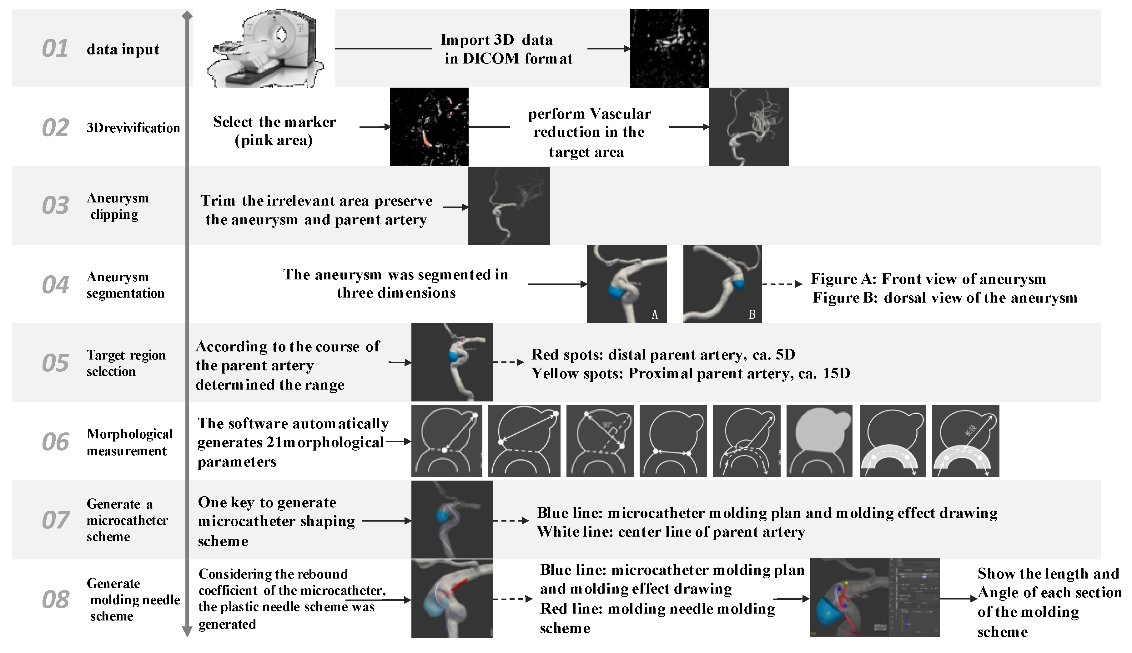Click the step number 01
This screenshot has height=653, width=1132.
point(55,48)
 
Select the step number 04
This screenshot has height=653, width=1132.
point(55,285)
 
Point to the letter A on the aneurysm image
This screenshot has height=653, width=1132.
point(655,315)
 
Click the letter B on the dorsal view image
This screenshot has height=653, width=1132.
point(752,315)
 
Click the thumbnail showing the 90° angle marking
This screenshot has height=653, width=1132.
point(600,441)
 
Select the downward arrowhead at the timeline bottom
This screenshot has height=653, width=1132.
point(187,632)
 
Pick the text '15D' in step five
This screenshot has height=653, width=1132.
point(836,374)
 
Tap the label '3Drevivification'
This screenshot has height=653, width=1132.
point(133,128)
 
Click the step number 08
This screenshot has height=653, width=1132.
point(55,599)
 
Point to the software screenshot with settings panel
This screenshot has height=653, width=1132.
point(874,597)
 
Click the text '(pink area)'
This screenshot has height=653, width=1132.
point(274,140)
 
